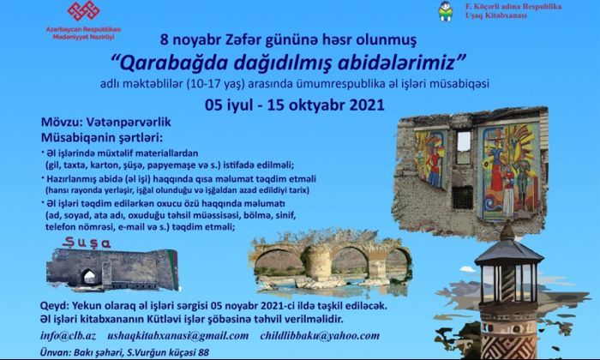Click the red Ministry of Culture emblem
pos(83,10)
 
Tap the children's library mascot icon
pos(446,11)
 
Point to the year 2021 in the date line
pos(367,105)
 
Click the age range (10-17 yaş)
pos(215,84)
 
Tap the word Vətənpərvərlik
pos(129,123)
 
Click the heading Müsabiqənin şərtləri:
pos(102,137)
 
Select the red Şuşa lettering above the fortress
pos(87,243)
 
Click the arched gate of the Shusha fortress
pos(89,276)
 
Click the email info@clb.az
pos(68,336)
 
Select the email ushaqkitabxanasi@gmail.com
pos(178,336)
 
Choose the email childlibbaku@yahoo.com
pos(320,336)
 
